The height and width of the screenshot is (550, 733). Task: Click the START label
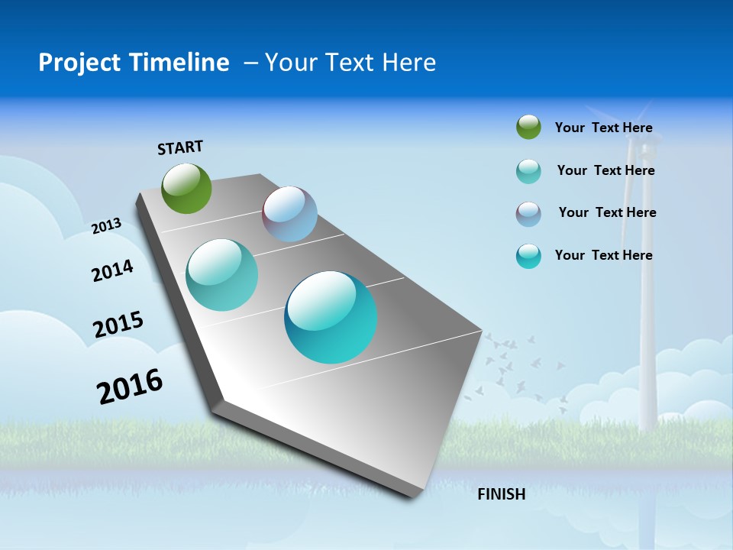point(180,147)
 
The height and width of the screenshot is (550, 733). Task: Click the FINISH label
point(502,494)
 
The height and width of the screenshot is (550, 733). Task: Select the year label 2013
point(106,226)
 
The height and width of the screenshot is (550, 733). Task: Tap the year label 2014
point(112,271)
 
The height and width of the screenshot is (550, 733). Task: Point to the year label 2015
point(118,325)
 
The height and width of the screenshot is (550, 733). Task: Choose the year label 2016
point(130,387)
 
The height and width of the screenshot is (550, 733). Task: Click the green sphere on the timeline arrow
point(187,188)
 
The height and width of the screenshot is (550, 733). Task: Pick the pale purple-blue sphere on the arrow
point(289,214)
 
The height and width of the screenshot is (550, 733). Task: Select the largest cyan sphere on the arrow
point(331,317)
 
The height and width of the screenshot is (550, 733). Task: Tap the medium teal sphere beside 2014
point(221,275)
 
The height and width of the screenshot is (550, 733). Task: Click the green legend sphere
point(528,128)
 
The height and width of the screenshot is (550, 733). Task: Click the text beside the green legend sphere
point(603,128)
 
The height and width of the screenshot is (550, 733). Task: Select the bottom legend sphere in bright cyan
point(528,256)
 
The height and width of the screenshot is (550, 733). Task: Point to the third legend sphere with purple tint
point(528,214)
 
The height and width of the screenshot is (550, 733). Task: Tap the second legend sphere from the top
point(528,171)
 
